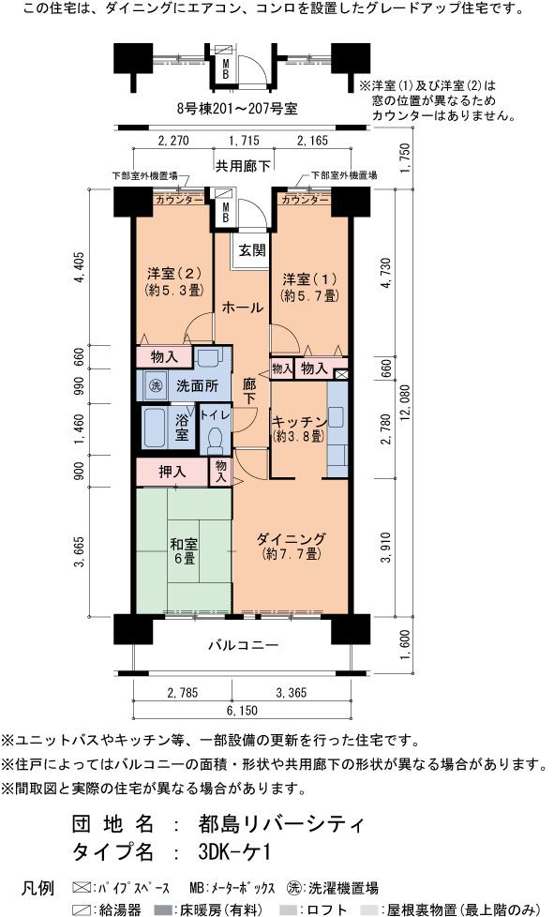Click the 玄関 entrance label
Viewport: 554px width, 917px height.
tap(252, 250)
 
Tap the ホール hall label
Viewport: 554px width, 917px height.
tap(242, 307)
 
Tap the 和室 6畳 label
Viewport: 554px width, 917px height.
tap(184, 551)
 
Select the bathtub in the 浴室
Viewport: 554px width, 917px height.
tap(155, 428)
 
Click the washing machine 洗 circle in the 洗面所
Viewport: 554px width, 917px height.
tap(155, 386)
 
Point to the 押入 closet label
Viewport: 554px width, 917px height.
tap(172, 472)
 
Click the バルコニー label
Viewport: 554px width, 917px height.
tap(244, 646)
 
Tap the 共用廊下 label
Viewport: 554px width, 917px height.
tap(243, 166)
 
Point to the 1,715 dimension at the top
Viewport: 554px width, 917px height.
tap(244, 141)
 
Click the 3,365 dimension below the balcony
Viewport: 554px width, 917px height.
tap(291, 693)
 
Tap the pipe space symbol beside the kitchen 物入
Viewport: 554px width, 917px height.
tap(342, 374)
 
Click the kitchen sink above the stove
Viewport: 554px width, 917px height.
tap(336, 417)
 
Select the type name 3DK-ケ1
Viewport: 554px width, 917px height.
tap(235, 851)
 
